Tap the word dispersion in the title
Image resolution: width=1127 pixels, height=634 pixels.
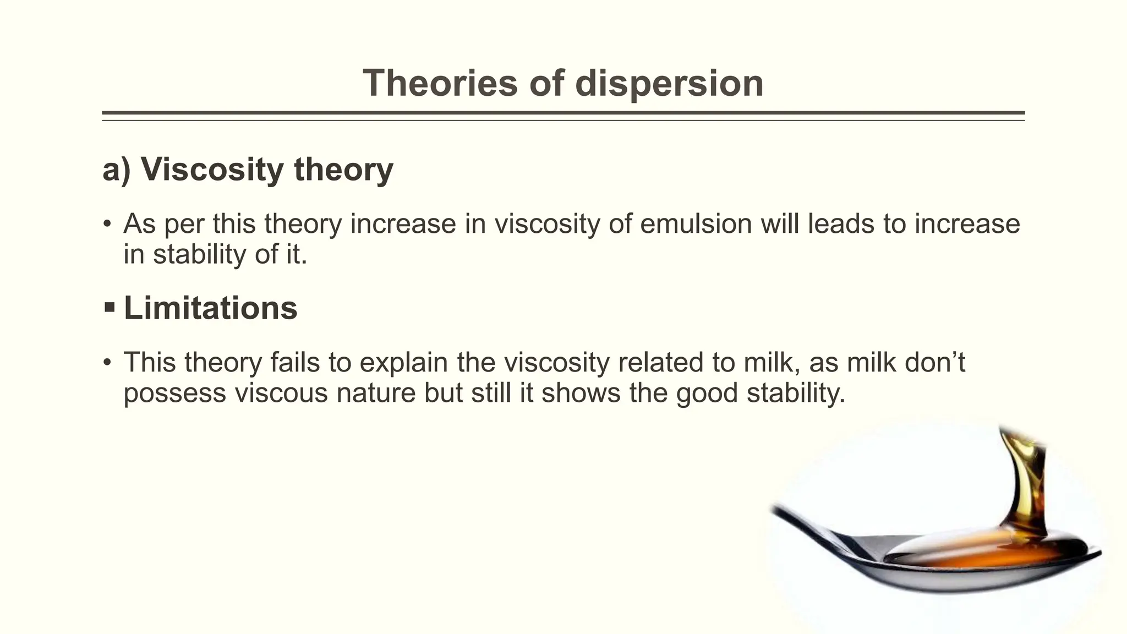(x=669, y=84)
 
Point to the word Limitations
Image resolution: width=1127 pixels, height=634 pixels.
(x=210, y=308)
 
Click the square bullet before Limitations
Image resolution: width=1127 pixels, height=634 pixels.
(x=110, y=307)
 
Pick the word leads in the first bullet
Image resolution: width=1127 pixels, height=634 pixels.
(x=840, y=224)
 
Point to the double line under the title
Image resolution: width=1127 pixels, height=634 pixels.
(x=563, y=116)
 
